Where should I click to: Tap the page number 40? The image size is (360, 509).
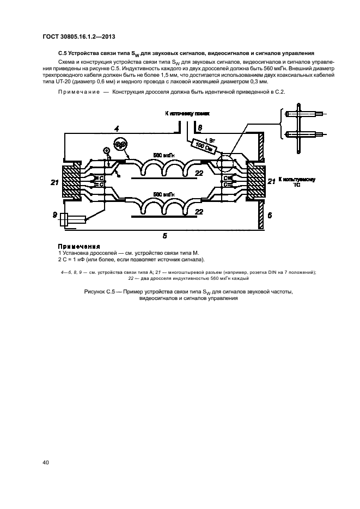point(46,462)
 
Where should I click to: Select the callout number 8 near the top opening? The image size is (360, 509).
point(200,127)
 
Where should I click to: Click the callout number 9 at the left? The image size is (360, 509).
point(55,215)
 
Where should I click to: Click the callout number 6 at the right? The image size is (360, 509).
point(269,216)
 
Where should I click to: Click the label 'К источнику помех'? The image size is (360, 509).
point(187,113)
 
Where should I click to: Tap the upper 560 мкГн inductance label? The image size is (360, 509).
point(164,155)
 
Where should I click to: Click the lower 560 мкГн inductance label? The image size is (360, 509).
point(164,194)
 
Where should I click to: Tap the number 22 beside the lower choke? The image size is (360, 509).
point(199,212)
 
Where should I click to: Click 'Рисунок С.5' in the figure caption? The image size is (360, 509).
point(103,292)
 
